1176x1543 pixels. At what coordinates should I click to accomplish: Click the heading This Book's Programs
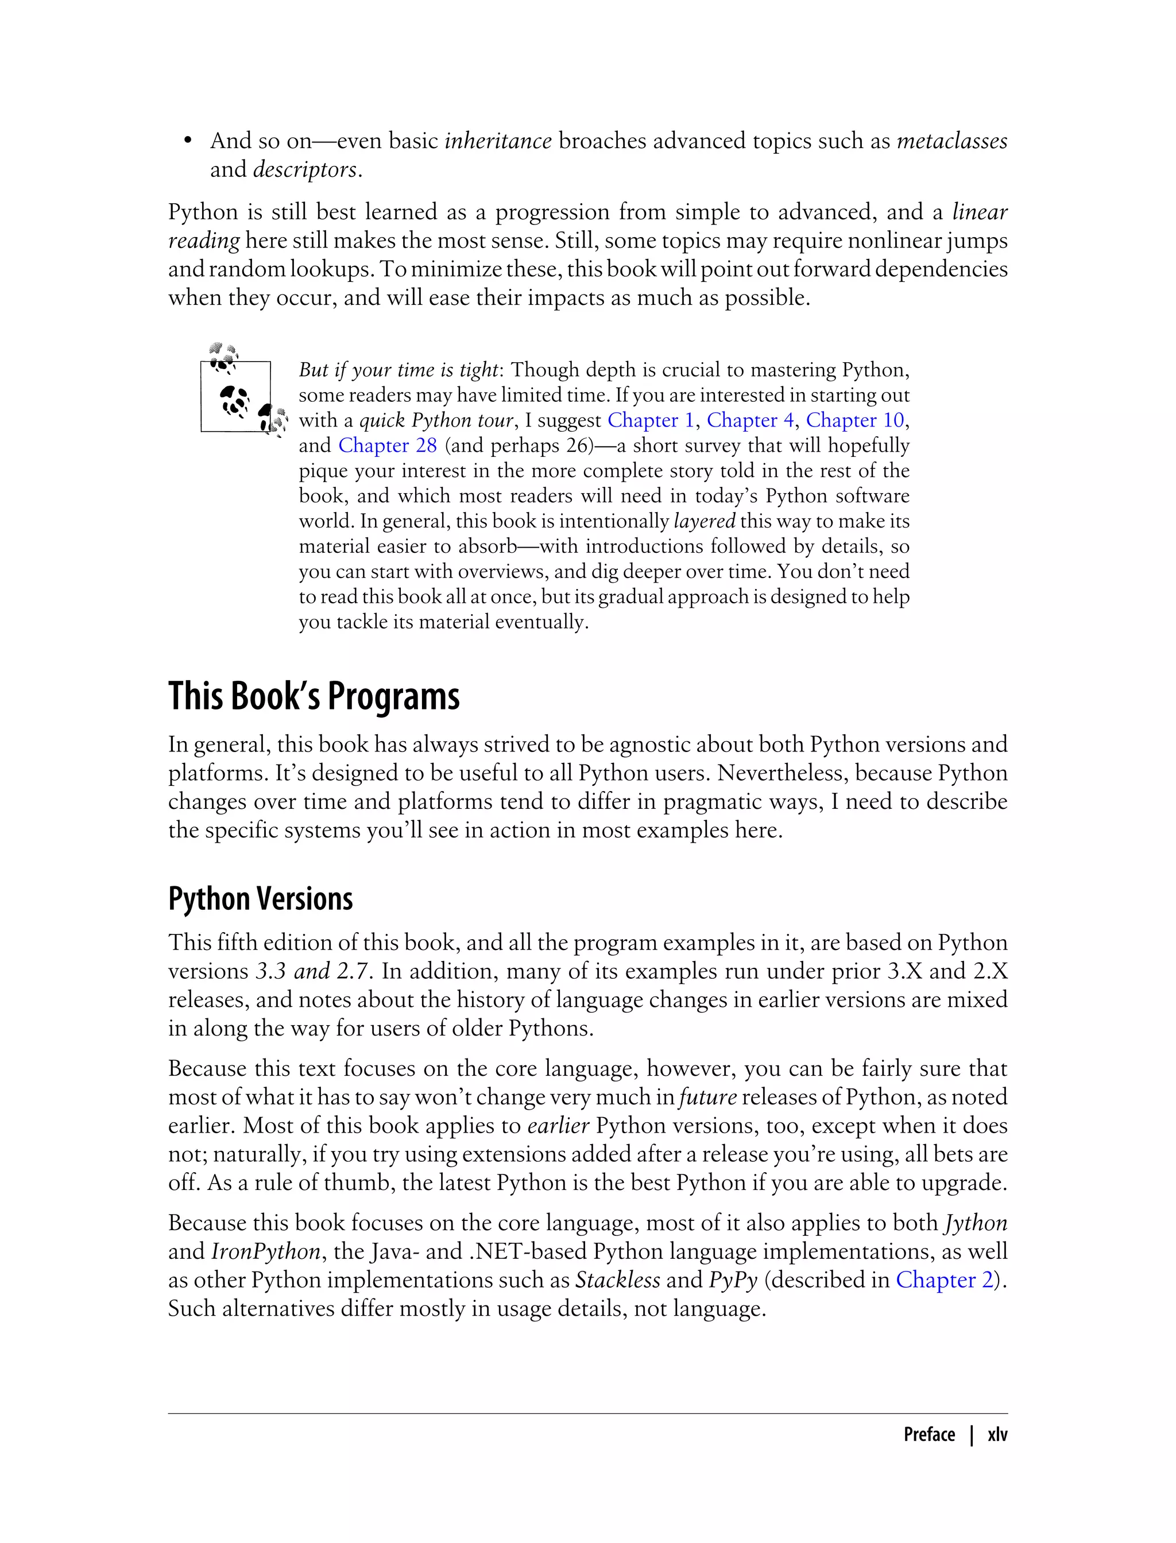point(314,696)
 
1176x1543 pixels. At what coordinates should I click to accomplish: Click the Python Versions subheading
point(260,899)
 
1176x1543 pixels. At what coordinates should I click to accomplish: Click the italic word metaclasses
point(951,141)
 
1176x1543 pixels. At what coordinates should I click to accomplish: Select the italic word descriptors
point(305,170)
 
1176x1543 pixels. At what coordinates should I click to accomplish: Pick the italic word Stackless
point(617,1280)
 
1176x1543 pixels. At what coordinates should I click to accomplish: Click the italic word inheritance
point(498,141)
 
